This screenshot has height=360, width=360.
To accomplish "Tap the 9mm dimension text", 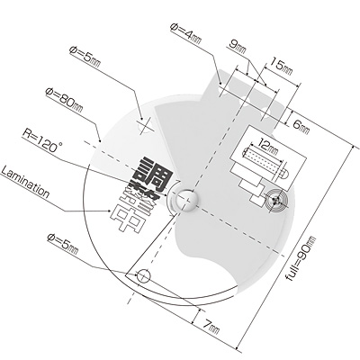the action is click(238, 48).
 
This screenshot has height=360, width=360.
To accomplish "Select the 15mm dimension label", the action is click(282, 67).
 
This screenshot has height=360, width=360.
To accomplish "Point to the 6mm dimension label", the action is click(301, 127).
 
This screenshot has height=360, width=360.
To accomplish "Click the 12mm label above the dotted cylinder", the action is click(268, 146).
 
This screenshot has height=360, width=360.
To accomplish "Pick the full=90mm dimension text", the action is click(301, 258).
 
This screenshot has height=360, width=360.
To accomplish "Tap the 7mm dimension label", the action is click(211, 327).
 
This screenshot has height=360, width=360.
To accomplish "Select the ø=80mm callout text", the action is click(64, 100).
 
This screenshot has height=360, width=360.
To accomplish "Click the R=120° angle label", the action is click(41, 140).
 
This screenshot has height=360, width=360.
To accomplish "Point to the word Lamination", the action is click(25, 183).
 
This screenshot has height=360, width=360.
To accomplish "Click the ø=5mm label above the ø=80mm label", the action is click(85, 57).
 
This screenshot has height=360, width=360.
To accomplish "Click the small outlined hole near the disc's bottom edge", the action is click(143, 276).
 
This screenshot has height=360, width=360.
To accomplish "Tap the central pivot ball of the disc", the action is click(187, 200).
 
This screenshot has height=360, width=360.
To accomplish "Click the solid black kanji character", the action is click(150, 175).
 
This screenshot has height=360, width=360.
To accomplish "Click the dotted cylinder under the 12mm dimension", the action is click(263, 159).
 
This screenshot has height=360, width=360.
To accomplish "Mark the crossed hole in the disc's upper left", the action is click(146, 124).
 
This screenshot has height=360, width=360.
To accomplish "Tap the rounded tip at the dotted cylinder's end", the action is click(284, 173).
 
